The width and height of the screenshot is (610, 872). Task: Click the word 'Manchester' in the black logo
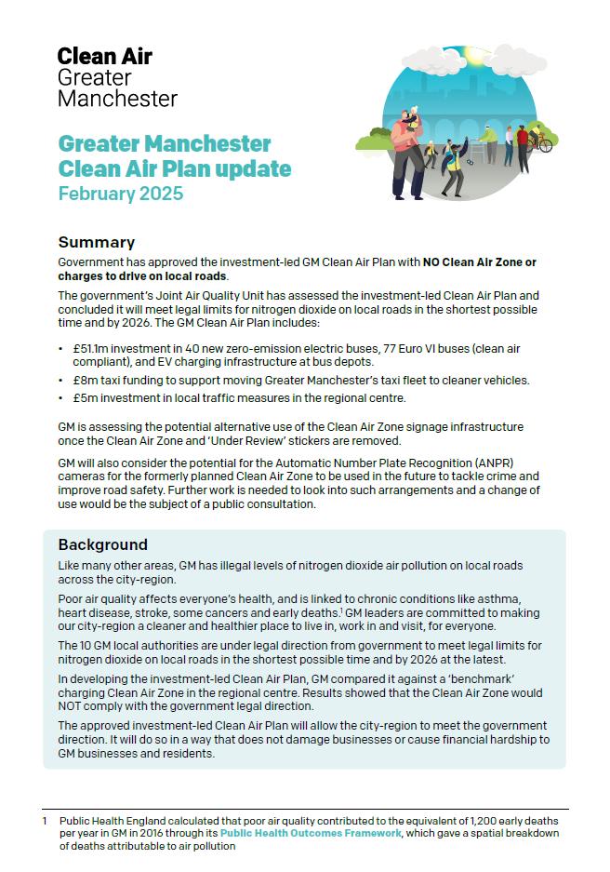(117, 98)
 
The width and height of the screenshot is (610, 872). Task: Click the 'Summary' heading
(97, 243)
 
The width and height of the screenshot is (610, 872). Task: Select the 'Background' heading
(103, 544)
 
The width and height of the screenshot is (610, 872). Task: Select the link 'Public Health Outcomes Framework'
(311, 834)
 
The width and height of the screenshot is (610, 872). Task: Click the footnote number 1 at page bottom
(45, 822)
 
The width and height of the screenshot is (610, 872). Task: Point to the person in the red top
(523, 140)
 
